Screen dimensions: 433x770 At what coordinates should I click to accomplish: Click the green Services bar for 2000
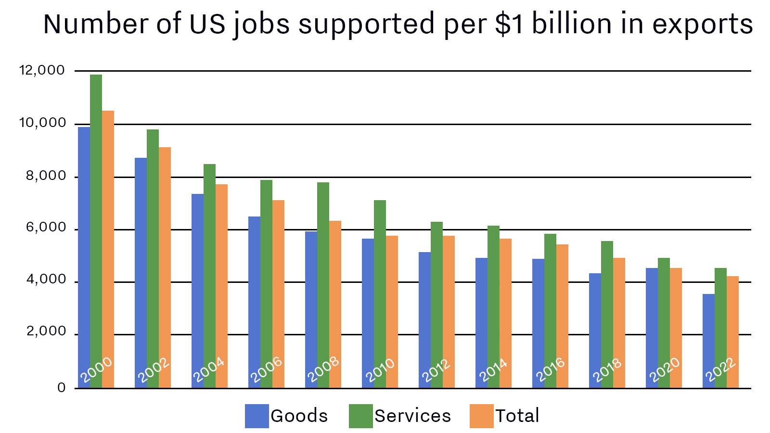pos(96,216)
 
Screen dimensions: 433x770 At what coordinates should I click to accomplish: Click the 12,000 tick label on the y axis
pos(42,70)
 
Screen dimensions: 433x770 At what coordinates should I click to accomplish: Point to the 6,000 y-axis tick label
pos(46,228)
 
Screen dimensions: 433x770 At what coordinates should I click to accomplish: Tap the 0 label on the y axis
pos(61,387)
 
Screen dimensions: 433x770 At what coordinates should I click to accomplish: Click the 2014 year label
pos(493,370)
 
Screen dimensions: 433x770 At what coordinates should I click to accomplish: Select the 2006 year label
pos(266,370)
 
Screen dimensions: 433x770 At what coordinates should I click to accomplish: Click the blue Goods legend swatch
pos(257,416)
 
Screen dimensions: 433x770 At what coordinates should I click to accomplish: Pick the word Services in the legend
pos(412,416)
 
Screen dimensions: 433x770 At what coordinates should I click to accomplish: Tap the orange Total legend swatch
pos(481,416)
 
